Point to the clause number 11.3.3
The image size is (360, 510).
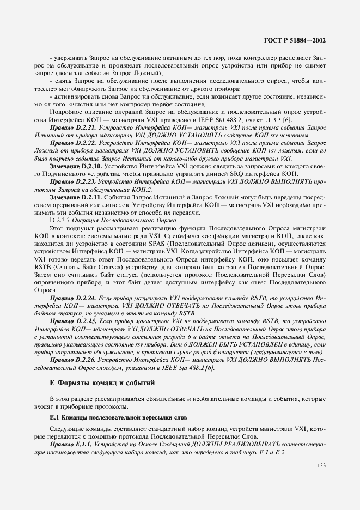298,119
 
